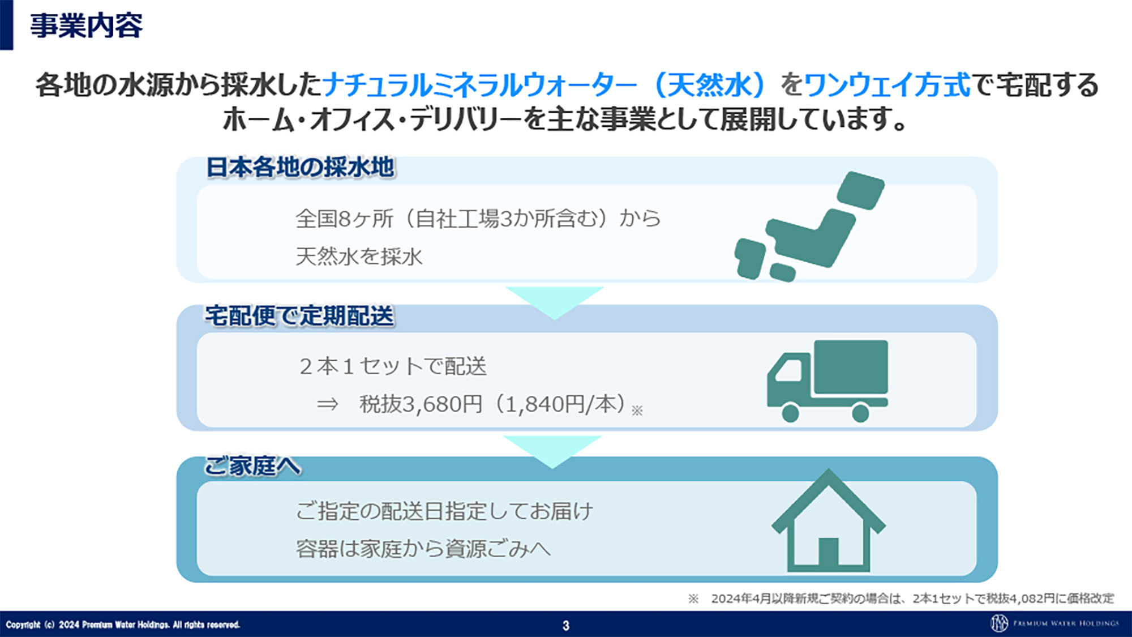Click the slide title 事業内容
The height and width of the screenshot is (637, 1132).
86,26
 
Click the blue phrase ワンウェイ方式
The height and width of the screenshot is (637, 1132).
887,85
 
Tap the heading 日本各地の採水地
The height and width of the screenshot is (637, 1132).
300,168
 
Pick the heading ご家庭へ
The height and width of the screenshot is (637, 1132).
252,466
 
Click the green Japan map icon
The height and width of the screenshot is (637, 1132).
810,227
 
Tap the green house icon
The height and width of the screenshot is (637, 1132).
828,521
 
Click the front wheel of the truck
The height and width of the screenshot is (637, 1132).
790,412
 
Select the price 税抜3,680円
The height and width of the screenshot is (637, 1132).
421,404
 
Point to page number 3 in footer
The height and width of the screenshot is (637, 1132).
565,625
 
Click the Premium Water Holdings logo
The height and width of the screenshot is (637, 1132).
1054,623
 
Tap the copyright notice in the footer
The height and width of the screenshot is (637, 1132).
123,625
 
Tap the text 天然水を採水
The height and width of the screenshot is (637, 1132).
359,256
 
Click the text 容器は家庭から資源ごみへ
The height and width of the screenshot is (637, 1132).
423,549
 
